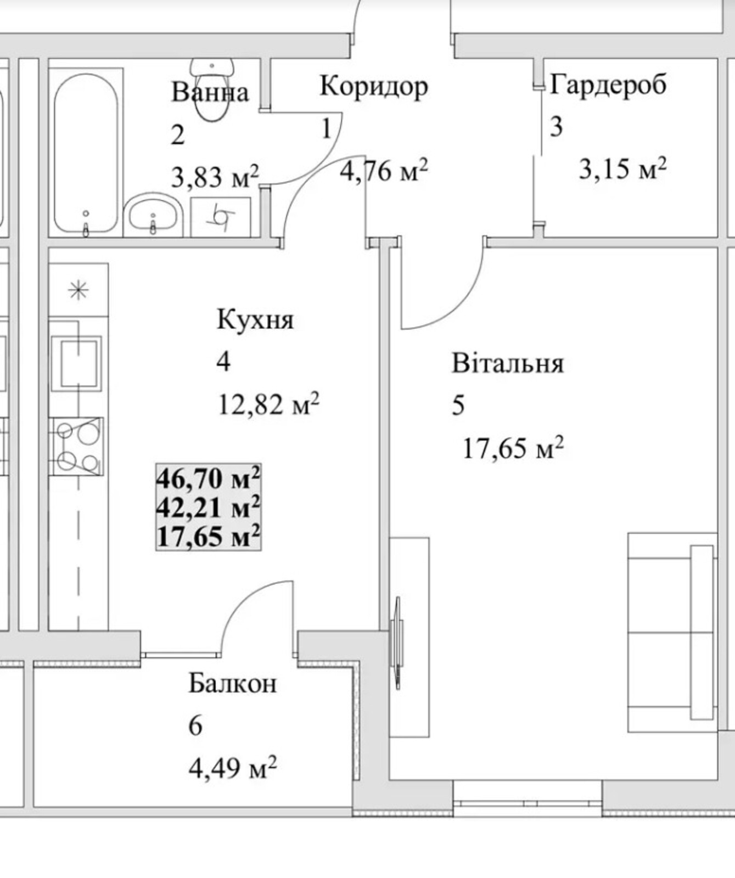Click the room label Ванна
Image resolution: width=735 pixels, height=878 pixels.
click(210, 92)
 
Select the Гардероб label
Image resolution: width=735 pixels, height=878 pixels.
click(608, 85)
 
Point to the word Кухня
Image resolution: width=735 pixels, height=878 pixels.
click(255, 319)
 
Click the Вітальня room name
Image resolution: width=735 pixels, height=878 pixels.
click(508, 363)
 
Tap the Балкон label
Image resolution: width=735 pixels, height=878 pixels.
click(233, 684)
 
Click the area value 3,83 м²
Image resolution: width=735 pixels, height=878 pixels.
click(215, 177)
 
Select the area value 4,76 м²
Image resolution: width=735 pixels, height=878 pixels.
click(384, 171)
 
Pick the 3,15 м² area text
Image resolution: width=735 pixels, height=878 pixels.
click(622, 168)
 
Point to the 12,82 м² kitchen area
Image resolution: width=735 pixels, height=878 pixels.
click(268, 404)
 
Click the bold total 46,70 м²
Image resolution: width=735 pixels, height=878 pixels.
click(208, 478)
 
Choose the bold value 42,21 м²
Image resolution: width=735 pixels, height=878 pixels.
click(208, 507)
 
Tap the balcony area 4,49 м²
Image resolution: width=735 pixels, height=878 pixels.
click(232, 768)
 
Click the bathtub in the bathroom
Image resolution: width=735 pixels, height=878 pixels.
click(86, 153)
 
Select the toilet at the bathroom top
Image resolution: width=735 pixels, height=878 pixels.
click(212, 89)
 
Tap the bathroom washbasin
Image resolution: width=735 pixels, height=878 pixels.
click(153, 215)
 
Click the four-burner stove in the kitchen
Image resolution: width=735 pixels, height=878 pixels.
click(78, 446)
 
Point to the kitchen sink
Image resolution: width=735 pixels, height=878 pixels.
click(77, 363)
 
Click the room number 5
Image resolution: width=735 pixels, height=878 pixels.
click(458, 406)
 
